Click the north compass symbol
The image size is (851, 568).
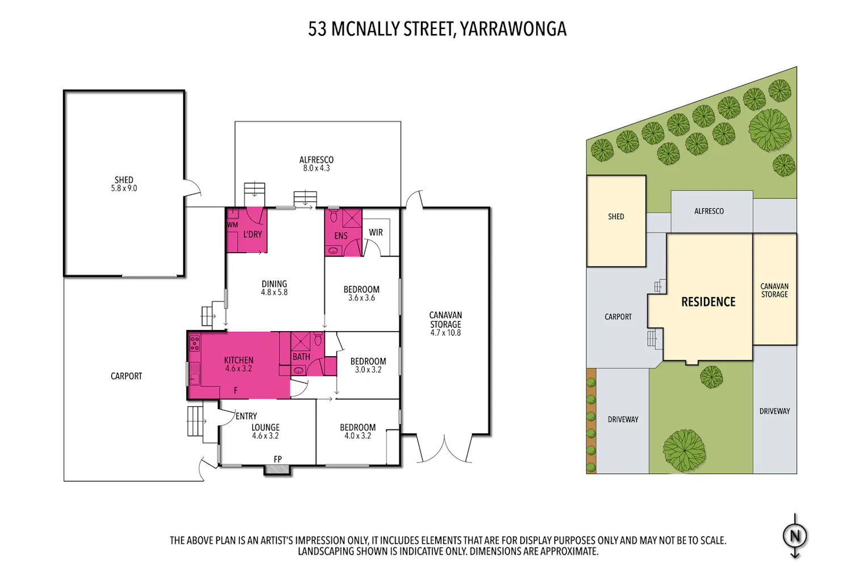(795, 536)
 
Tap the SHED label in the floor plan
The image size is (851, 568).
(124, 179)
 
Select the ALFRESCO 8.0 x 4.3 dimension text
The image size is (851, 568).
(317, 168)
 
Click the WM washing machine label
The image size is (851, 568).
(233, 225)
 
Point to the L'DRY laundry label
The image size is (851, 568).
(252, 235)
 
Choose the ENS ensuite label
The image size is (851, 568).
(341, 236)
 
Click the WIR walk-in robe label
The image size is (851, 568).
(376, 232)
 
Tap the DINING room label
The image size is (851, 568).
(274, 284)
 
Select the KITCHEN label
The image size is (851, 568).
(239, 360)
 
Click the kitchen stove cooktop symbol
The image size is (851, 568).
(195, 343)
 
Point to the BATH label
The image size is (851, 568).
(301, 357)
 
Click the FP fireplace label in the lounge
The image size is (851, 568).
(278, 459)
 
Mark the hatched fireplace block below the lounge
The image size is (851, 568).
(277, 470)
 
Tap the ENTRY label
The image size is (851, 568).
(246, 416)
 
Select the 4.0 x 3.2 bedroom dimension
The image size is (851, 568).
(357, 436)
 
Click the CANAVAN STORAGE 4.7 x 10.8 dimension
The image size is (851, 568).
(445, 333)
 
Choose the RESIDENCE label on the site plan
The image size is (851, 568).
(708, 302)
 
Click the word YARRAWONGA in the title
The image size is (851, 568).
(513, 29)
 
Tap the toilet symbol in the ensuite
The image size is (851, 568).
(334, 216)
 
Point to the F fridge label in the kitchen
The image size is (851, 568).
(235, 390)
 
